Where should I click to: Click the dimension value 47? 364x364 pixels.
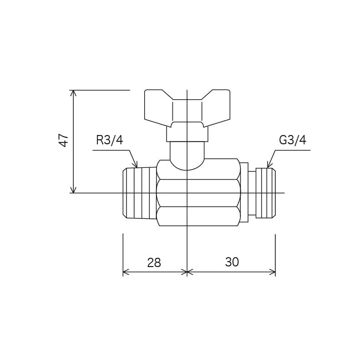64,140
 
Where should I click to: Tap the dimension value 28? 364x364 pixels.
154,263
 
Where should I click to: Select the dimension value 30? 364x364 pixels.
232,262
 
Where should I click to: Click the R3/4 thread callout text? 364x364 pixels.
110,140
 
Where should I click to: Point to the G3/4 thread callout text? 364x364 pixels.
293,140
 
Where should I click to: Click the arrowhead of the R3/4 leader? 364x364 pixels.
136,165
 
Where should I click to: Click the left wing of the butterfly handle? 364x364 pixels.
158,106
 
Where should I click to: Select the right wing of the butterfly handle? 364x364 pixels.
216,106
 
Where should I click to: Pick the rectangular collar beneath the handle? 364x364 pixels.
187,134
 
